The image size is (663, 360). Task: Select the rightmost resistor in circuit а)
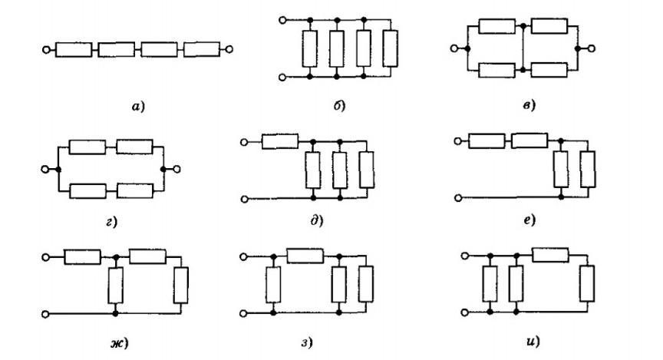[x=202, y=50]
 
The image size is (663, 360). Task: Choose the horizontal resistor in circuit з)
[x=304, y=255]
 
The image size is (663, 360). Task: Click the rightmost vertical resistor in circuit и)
[x=587, y=282]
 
